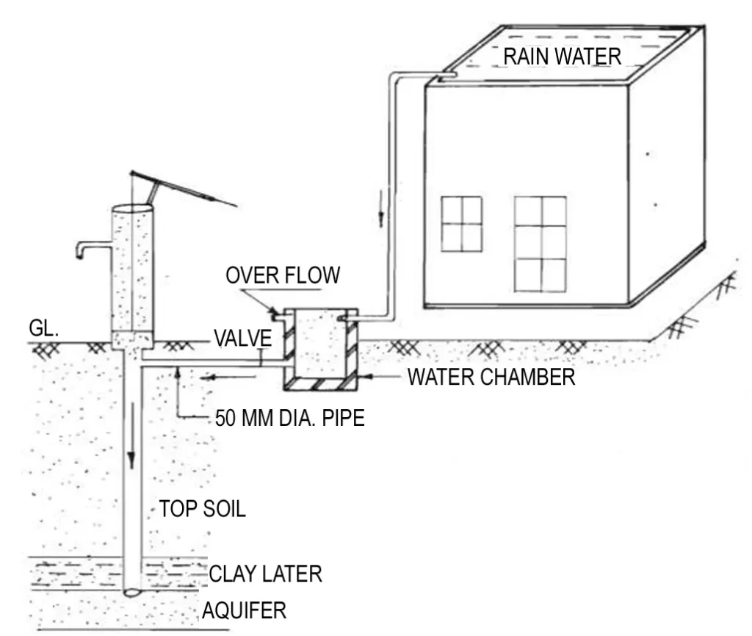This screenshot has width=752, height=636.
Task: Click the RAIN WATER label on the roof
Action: point(562,57)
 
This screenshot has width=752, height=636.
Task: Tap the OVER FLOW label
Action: point(283,275)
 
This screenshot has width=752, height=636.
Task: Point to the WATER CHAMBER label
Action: point(491,377)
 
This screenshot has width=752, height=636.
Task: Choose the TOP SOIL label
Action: point(203,508)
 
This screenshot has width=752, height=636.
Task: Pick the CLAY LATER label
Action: point(266,573)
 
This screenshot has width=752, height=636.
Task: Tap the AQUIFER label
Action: point(244,610)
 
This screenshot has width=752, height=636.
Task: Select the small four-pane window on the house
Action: point(461,224)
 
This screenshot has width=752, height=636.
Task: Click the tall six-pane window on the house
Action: point(540,243)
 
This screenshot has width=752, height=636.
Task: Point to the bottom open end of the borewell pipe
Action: point(133,590)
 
